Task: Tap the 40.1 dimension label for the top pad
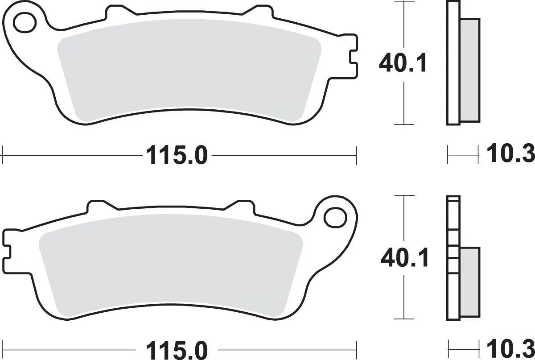click(403, 63)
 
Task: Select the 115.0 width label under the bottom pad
click(175, 348)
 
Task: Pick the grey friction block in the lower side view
click(469, 283)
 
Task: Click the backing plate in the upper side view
click(453, 62)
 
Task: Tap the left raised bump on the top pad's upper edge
click(113, 12)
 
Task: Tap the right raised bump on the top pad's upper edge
click(261, 12)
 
